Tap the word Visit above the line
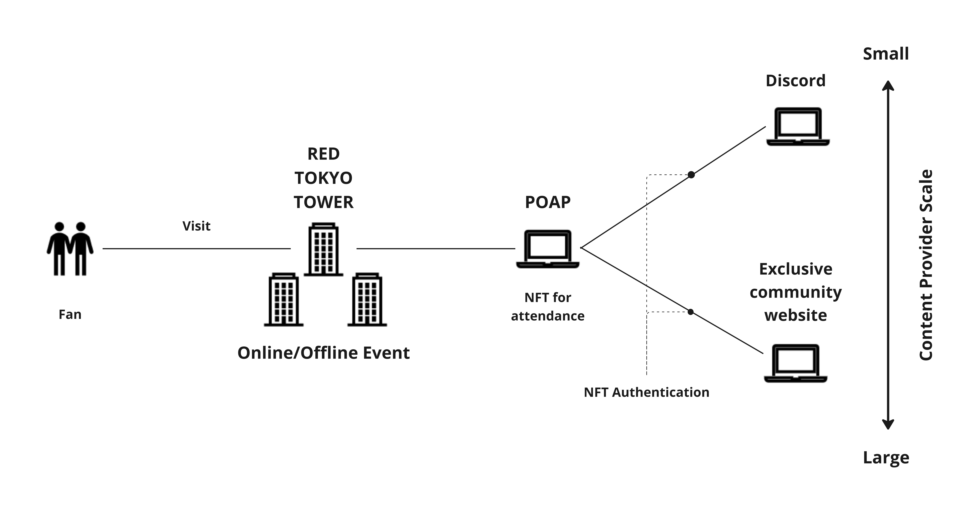pyautogui.click(x=196, y=226)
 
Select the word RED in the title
pyautogui.click(x=323, y=154)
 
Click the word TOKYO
pyautogui.click(x=323, y=178)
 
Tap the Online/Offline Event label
pyautogui.click(x=323, y=353)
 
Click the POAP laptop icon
pyautogui.click(x=548, y=249)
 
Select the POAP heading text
pyautogui.click(x=548, y=202)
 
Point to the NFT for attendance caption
pyautogui.click(x=548, y=307)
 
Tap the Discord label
pyautogui.click(x=796, y=81)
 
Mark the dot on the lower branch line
pyautogui.click(x=691, y=312)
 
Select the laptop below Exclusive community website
pyautogui.click(x=796, y=363)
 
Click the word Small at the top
pyautogui.click(x=886, y=54)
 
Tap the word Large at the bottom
pyautogui.click(x=886, y=458)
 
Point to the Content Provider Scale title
pyautogui.click(x=926, y=265)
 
